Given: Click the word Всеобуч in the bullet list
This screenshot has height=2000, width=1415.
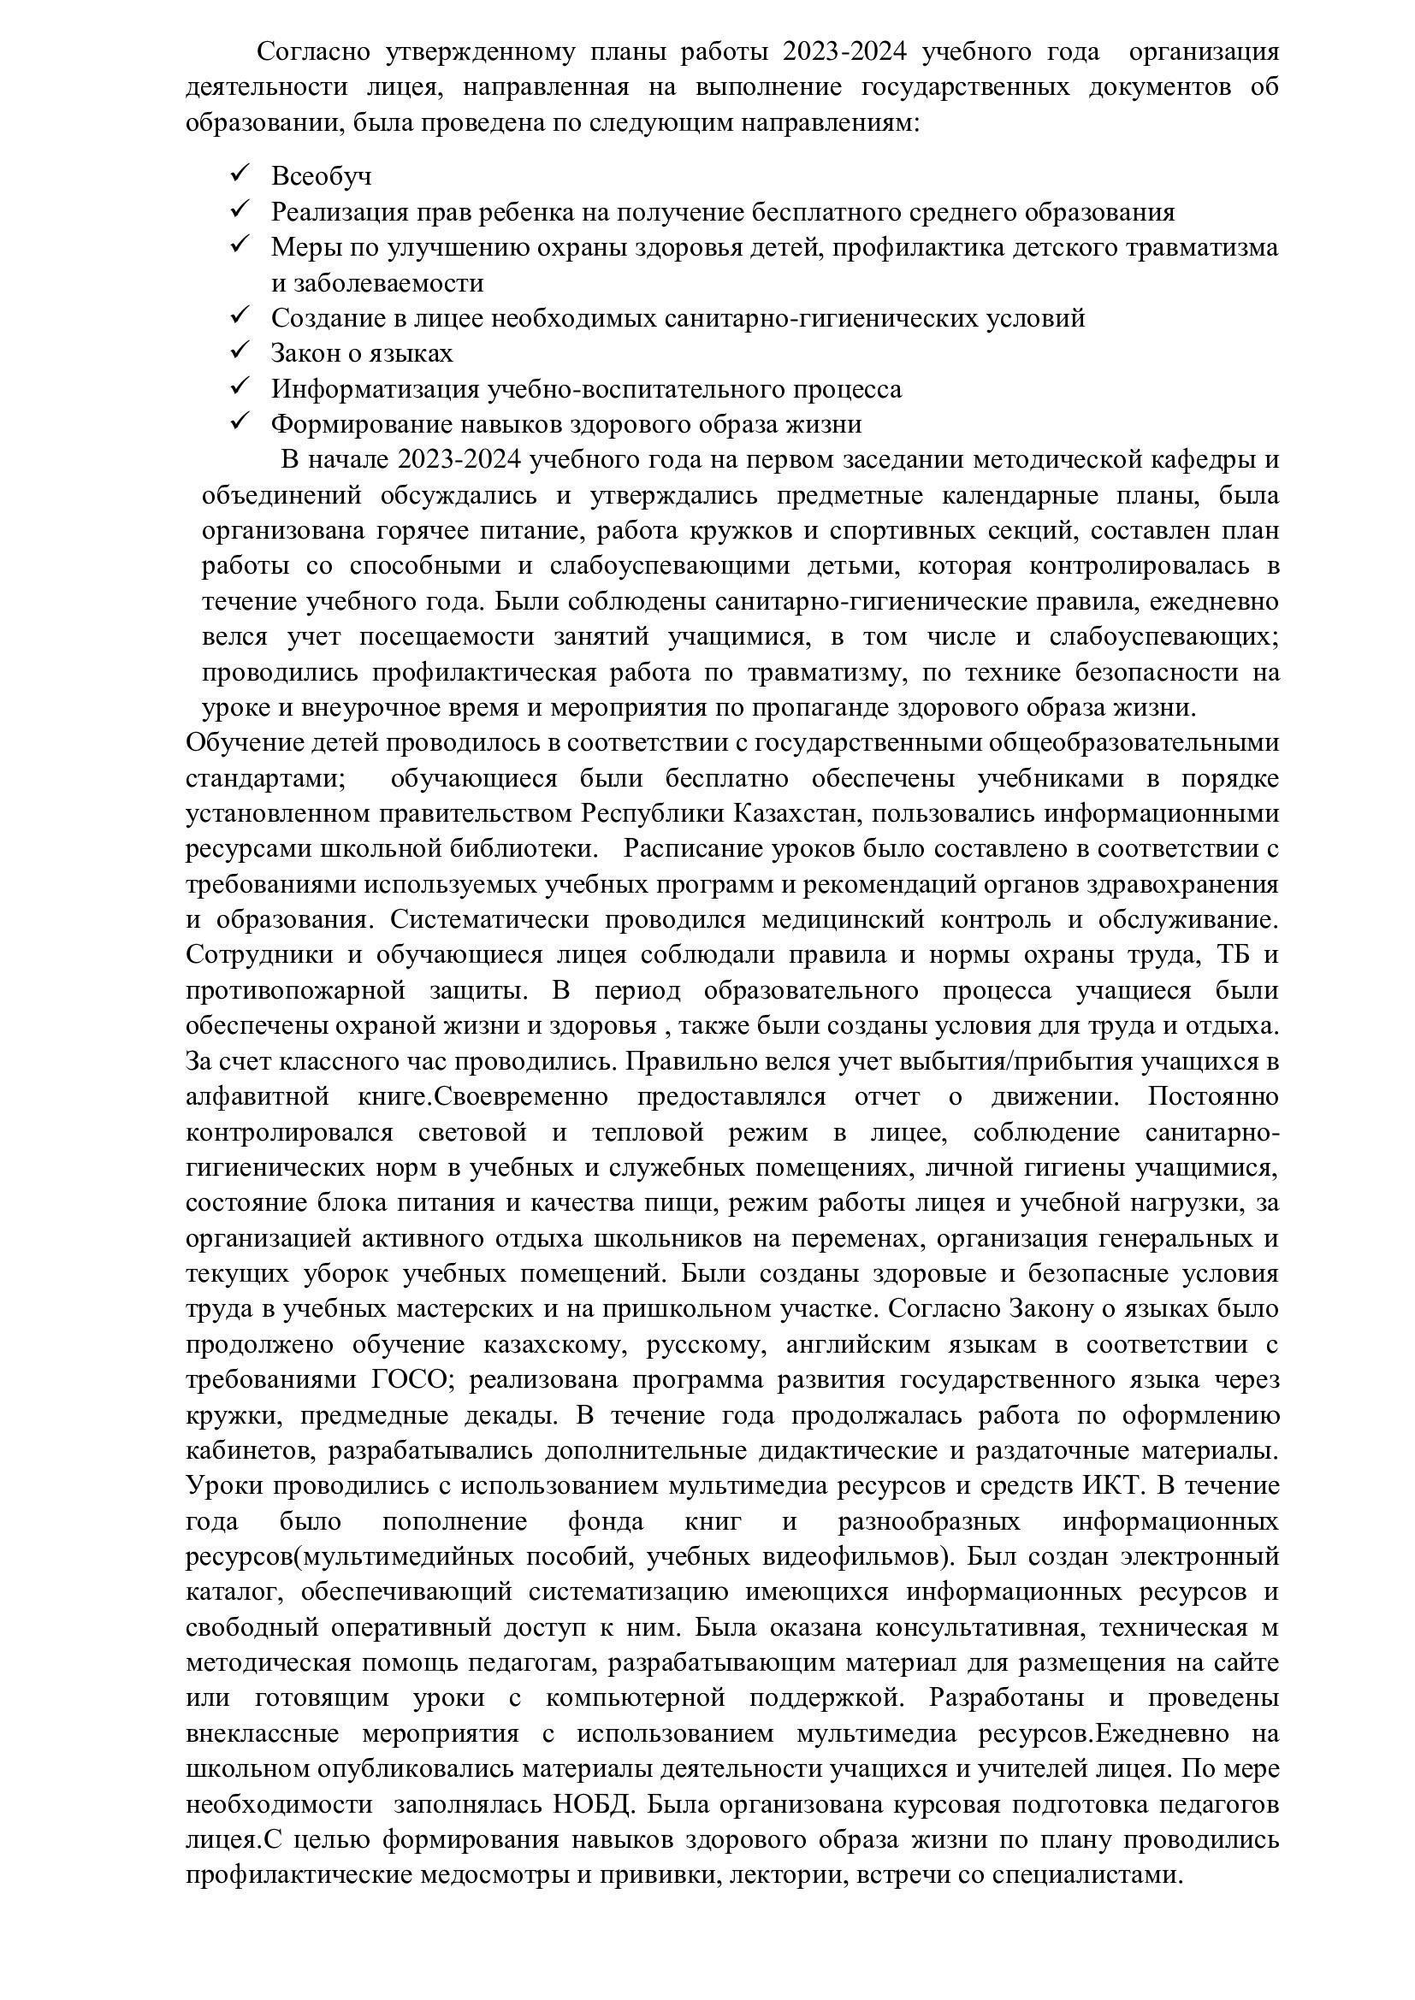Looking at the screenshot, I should point(321,176).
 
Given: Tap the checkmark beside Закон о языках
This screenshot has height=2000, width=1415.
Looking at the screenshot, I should point(240,351).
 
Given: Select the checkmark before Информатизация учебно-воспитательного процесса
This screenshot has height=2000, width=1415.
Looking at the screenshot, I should point(240,386).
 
